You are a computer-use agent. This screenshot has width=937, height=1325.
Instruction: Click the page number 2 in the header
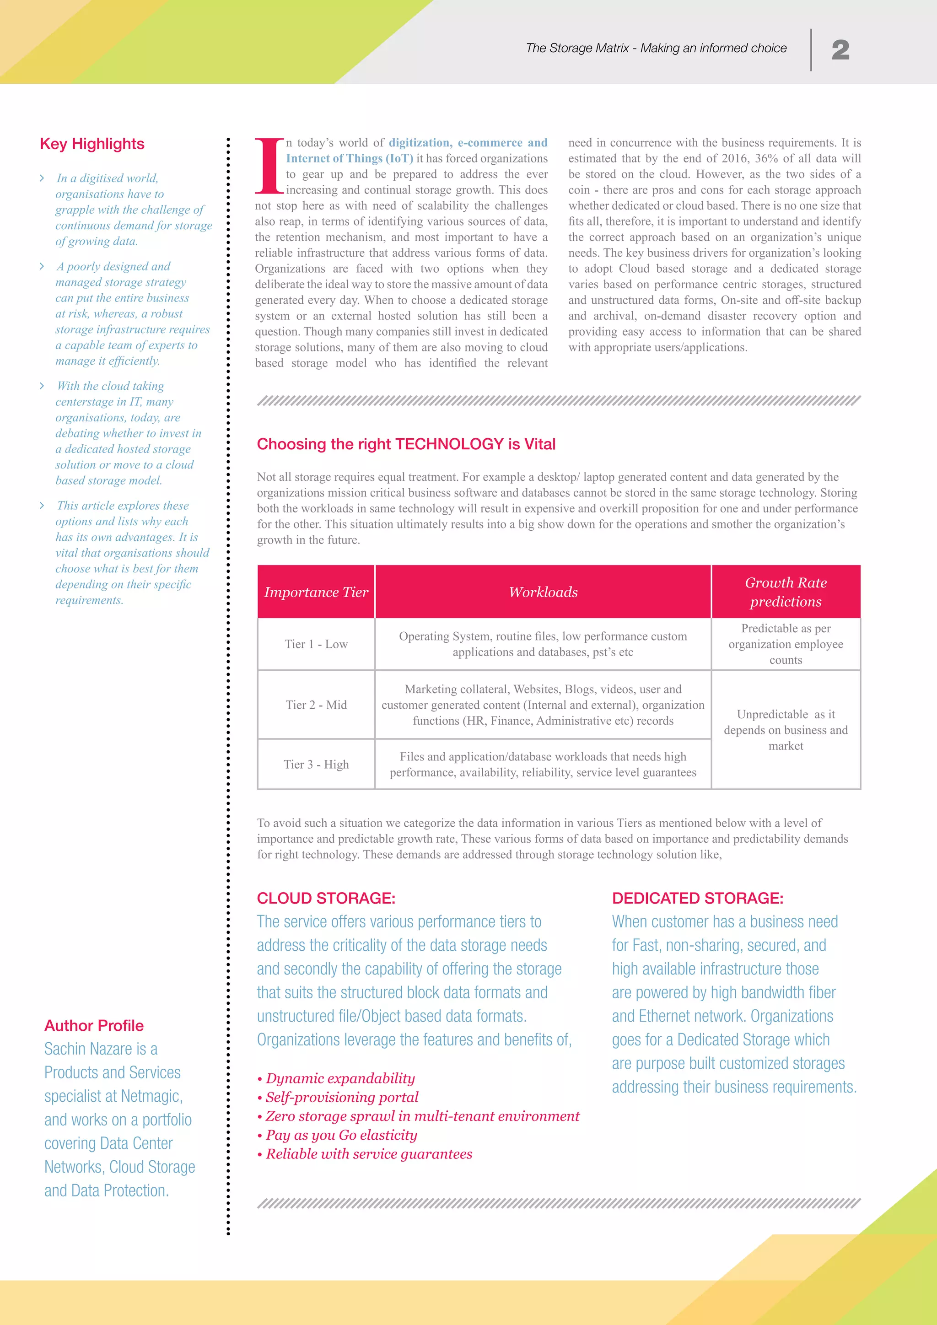point(840,50)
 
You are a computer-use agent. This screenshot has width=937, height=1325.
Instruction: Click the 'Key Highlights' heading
point(92,144)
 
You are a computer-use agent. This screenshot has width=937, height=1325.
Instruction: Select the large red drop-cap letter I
point(269,166)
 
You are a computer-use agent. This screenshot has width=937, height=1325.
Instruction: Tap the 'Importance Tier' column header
point(316,592)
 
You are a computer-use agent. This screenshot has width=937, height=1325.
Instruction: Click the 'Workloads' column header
point(543,592)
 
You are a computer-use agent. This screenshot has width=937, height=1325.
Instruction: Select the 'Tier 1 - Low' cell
point(316,644)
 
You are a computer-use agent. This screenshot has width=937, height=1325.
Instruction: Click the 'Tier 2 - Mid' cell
point(316,705)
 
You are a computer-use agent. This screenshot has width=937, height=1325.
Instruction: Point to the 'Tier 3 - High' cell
point(316,764)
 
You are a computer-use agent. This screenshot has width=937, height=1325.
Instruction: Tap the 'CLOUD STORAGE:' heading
point(326,898)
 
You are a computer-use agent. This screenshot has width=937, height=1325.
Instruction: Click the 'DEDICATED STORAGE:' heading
point(698,898)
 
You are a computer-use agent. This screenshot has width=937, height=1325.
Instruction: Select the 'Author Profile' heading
point(94,1025)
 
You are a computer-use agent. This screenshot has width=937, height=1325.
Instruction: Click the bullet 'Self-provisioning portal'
point(342,1097)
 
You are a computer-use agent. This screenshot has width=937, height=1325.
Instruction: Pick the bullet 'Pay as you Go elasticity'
point(341,1135)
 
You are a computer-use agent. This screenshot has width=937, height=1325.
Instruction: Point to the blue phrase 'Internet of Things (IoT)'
point(350,159)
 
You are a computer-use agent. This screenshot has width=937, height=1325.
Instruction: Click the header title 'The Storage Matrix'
point(577,48)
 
